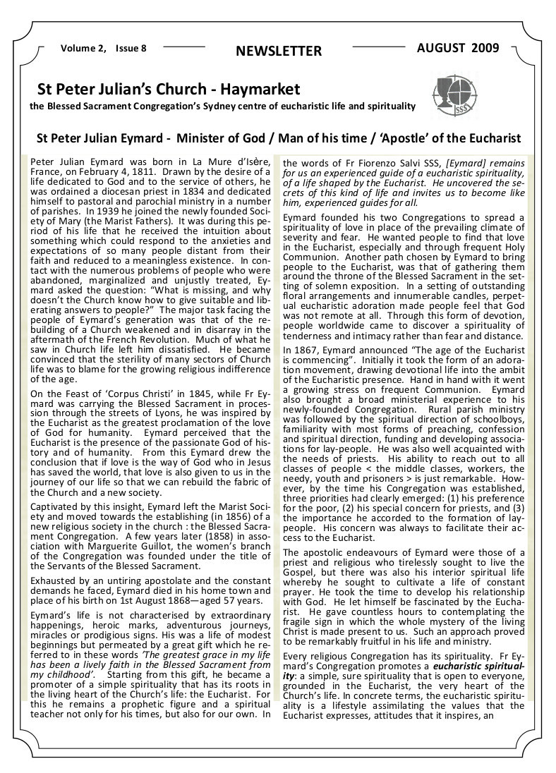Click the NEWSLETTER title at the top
click(278, 51)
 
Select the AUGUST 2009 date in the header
click(457, 48)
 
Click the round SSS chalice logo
click(454, 97)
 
